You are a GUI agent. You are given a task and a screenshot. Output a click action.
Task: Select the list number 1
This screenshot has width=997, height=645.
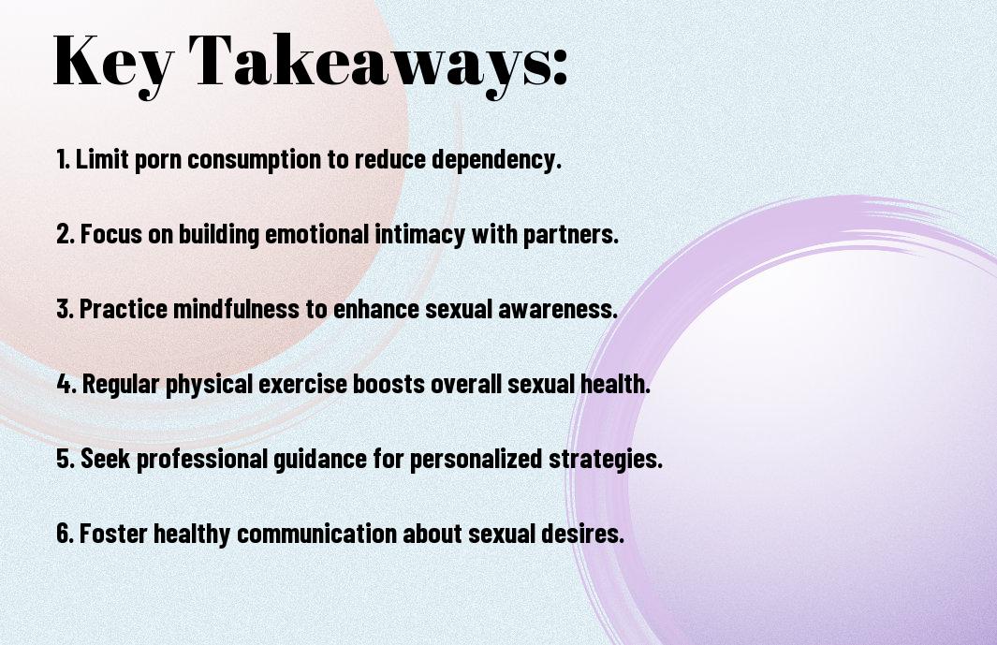click(x=63, y=159)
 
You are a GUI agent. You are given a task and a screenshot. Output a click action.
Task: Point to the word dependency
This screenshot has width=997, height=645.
click(x=496, y=160)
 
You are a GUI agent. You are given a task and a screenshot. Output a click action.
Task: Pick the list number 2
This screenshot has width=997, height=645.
click(x=65, y=234)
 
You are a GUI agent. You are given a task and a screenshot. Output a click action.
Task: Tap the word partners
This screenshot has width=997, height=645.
click(x=570, y=235)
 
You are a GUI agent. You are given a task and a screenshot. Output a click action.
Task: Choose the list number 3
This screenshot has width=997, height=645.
click(x=65, y=309)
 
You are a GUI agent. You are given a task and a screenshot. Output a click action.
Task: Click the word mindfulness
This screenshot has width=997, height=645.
click(x=236, y=309)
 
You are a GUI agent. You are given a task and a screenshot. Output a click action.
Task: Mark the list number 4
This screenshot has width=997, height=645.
click(x=66, y=384)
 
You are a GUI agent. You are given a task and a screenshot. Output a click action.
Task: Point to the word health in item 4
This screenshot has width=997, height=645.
click(x=615, y=384)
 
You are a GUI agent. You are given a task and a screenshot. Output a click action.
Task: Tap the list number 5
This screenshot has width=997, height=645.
click(x=66, y=458)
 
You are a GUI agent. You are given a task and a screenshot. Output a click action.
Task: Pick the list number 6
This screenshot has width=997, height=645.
click(x=65, y=533)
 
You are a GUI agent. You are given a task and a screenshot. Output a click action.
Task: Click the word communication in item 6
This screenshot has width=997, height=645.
click(x=316, y=533)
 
